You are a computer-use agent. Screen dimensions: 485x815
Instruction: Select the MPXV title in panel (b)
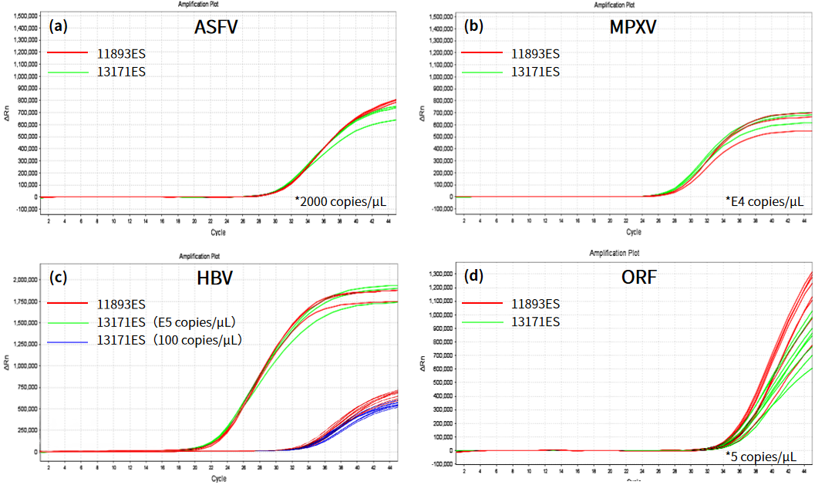click(x=632, y=28)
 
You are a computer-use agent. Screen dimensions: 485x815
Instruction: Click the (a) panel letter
click(x=59, y=25)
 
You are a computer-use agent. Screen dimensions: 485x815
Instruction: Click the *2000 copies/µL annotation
click(x=340, y=202)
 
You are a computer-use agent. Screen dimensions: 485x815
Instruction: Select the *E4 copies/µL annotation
click(x=764, y=202)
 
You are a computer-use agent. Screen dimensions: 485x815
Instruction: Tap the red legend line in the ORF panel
click(x=484, y=303)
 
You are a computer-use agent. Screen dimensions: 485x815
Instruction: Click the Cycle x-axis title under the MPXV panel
click(x=633, y=231)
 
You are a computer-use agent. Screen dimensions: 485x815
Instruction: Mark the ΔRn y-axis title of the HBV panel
click(x=7, y=364)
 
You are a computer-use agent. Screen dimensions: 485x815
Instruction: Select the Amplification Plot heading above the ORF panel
click(x=614, y=253)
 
